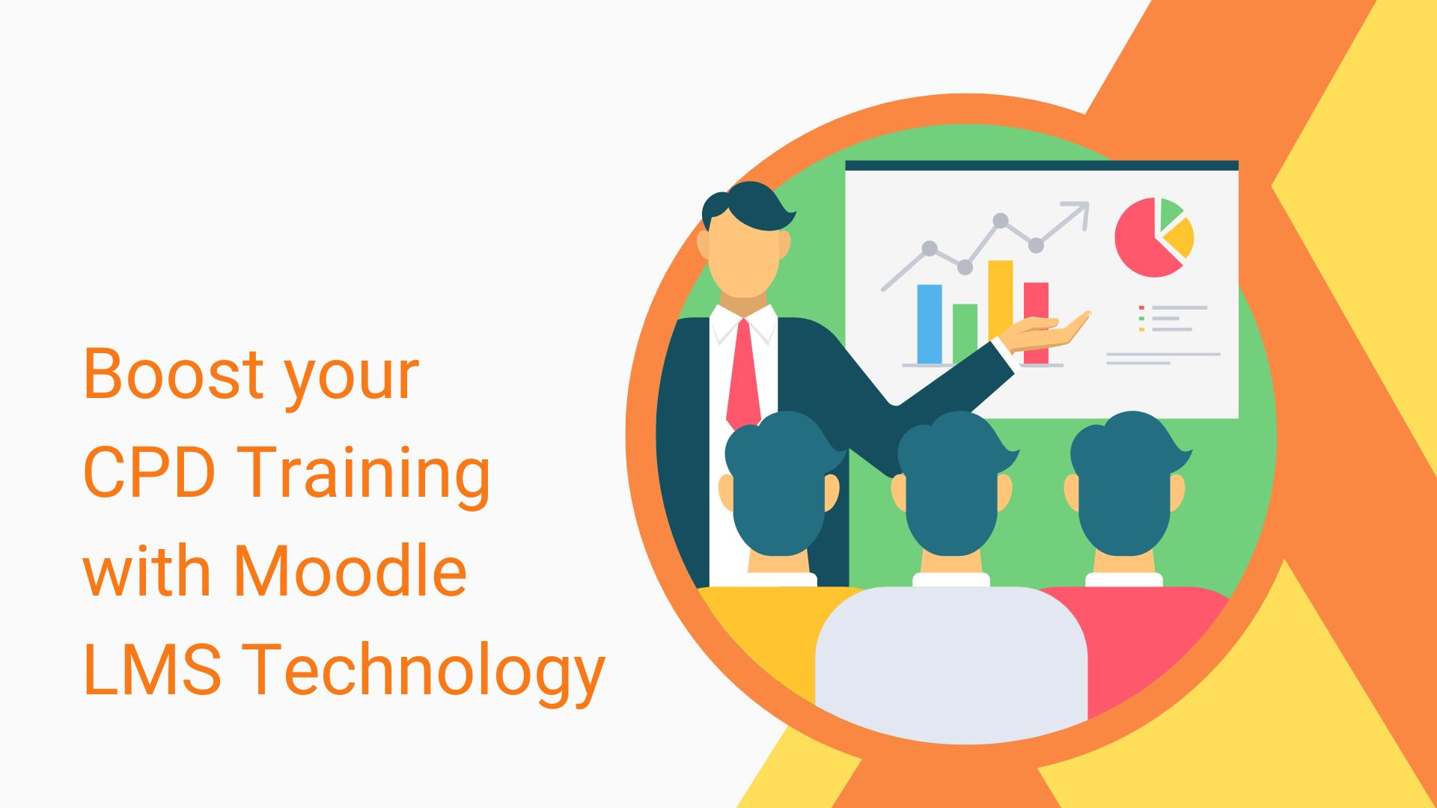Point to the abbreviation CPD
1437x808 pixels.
[x=150, y=472]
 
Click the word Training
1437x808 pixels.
[x=367, y=472]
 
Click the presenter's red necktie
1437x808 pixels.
[x=743, y=374]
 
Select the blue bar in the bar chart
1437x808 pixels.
[x=930, y=324]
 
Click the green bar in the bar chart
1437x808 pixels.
[x=965, y=333]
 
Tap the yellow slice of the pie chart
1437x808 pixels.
[x=1181, y=237]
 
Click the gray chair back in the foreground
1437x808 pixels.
[x=951, y=658]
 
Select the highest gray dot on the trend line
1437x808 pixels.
[x=1000, y=221]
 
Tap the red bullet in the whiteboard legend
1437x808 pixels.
[x=1141, y=307]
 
